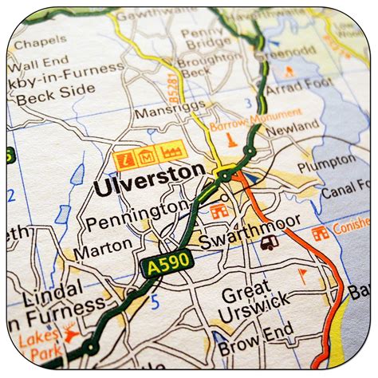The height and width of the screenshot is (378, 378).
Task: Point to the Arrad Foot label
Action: (x=309, y=86)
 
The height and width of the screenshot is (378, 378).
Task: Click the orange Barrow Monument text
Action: (x=244, y=120)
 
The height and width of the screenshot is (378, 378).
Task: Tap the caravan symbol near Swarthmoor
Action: (x=270, y=242)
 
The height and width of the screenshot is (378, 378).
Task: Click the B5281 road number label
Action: (x=171, y=85)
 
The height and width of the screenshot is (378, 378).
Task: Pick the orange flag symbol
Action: (x=302, y=275)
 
